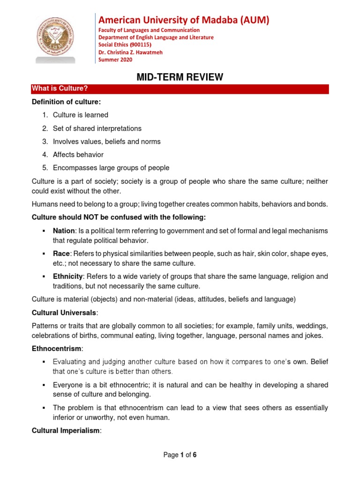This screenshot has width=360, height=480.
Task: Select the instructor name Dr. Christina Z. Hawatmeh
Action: pos(130,52)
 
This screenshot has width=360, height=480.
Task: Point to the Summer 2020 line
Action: pos(115,60)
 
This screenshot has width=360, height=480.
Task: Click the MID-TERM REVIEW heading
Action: pos(180,77)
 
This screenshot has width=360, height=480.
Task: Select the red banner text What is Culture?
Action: pos(60,89)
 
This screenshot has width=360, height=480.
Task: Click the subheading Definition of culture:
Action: pos(66,102)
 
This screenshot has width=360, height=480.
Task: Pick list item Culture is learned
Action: pos(81,115)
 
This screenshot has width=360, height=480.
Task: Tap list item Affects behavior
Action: pos(78,154)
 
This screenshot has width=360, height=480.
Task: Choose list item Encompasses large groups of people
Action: pos(111,168)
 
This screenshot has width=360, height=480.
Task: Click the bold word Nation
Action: pos(64,231)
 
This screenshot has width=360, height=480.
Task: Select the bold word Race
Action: pos(61,253)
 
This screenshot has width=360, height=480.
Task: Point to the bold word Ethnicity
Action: pos(68,276)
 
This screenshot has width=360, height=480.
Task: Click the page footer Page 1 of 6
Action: pos(180,455)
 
